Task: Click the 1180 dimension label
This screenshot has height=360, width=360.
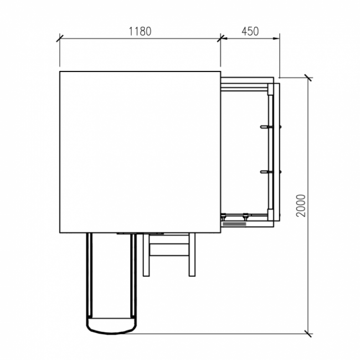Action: tap(140, 31)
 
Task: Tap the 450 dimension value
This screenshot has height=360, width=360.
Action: tap(250, 31)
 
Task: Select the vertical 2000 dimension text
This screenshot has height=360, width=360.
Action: tap(301, 205)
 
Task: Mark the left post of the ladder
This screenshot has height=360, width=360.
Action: tap(146, 255)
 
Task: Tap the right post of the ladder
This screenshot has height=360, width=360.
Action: tap(192, 255)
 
